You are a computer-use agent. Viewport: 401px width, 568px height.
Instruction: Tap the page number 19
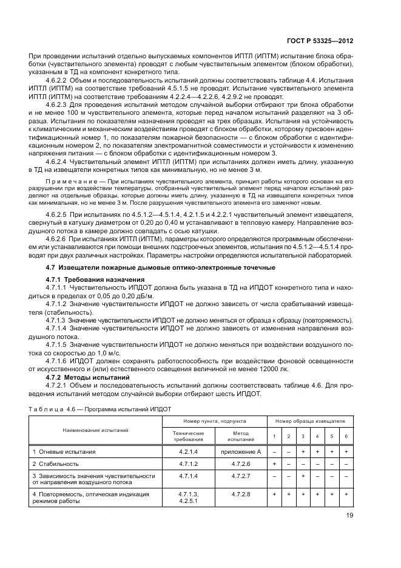click(349, 518)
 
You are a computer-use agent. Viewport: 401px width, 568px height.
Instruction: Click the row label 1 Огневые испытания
click(64, 452)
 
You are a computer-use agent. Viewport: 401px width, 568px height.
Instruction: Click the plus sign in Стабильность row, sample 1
click(274, 464)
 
